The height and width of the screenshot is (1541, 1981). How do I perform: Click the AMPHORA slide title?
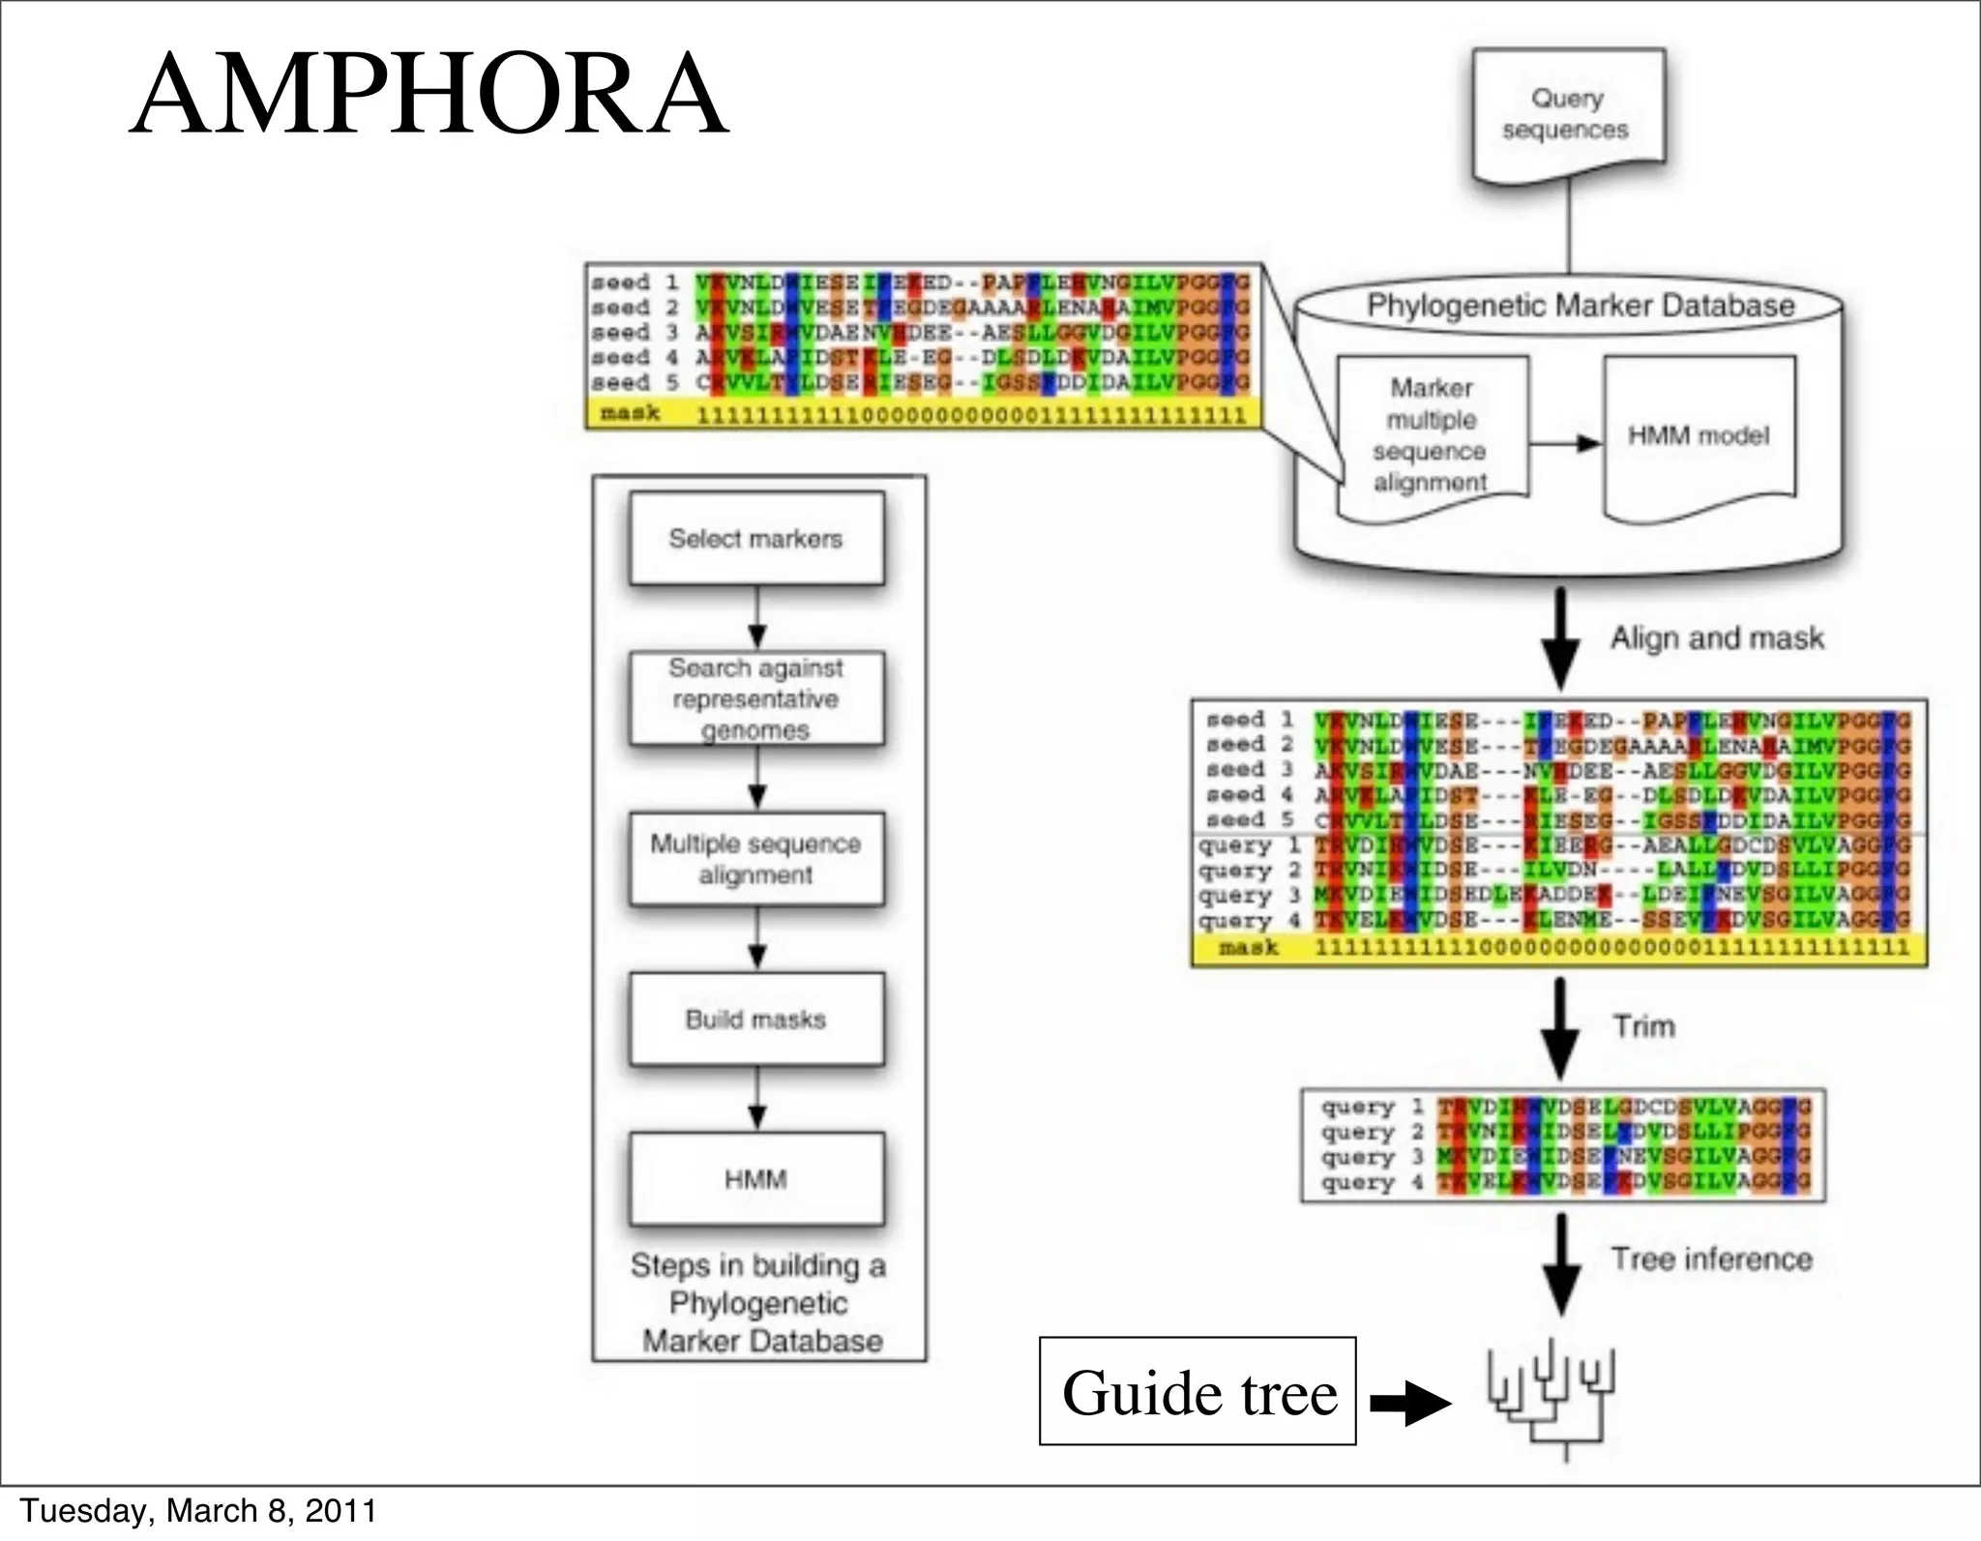(429, 95)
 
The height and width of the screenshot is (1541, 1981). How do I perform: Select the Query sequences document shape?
(1567, 114)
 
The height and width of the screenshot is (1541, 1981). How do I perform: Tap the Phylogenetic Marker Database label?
(1580, 306)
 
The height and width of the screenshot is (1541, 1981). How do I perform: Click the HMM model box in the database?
(1699, 435)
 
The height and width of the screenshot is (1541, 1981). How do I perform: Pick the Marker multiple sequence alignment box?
(1432, 435)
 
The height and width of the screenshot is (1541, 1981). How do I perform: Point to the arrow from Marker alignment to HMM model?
(1565, 443)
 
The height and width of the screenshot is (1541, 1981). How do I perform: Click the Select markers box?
(756, 539)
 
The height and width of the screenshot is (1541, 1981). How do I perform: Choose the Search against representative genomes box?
(756, 698)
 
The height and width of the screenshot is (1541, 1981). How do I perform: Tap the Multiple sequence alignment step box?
(756, 859)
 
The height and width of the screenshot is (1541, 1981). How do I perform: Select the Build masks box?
(756, 1020)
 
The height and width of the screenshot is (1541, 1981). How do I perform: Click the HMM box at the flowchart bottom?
(756, 1179)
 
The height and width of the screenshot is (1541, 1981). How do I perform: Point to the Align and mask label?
(1717, 638)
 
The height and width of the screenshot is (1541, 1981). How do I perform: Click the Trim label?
(1643, 1026)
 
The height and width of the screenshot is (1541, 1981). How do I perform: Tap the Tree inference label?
(1711, 1259)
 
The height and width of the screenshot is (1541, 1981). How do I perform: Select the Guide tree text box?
(1197, 1391)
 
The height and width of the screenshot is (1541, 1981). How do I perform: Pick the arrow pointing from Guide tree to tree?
(1410, 1403)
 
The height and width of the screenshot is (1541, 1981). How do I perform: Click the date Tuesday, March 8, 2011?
(198, 1510)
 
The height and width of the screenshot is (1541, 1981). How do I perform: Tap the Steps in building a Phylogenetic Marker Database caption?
(758, 1303)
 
